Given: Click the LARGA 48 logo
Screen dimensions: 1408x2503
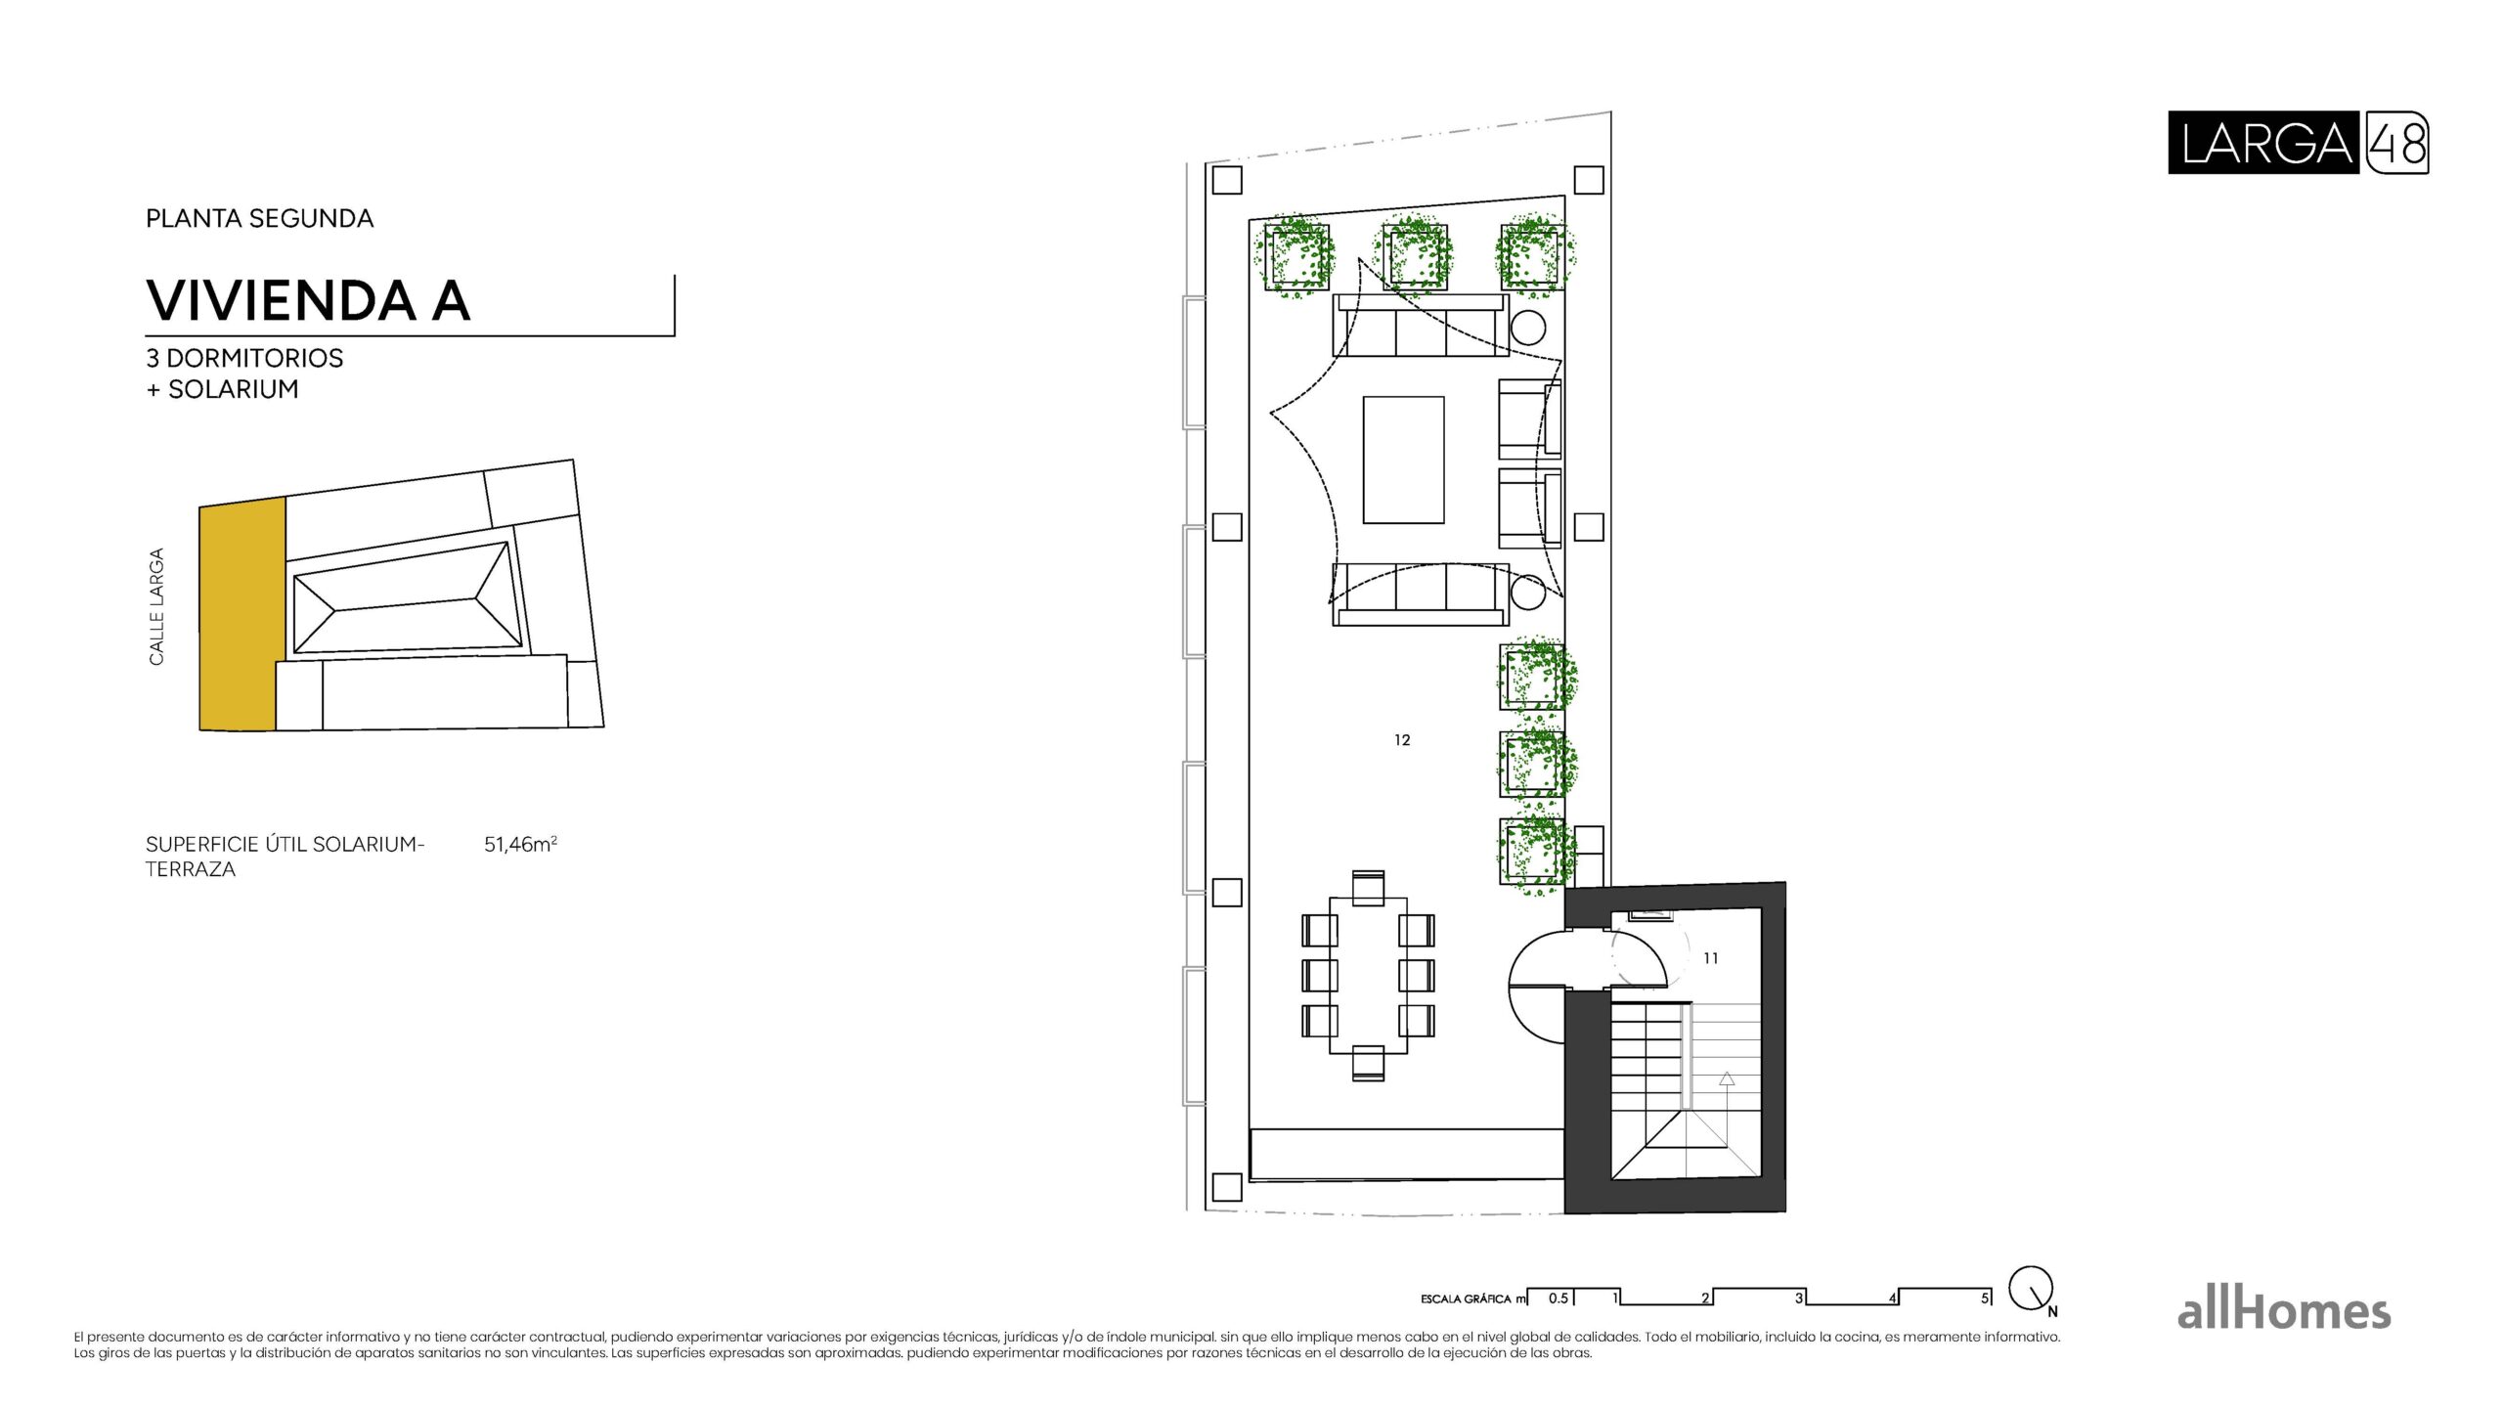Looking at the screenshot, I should tap(2297, 143).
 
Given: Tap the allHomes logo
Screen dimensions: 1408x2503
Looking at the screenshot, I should tap(2283, 1311).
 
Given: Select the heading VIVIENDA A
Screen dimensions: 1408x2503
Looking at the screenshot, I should tap(308, 300).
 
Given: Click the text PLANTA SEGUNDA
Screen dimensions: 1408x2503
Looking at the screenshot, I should tap(259, 218).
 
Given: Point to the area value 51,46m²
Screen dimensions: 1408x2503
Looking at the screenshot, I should tap(520, 844).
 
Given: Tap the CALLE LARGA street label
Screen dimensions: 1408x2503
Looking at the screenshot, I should tap(156, 606).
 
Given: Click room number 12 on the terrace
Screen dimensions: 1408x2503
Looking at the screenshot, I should tap(1402, 740).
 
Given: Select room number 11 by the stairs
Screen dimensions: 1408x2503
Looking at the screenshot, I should tap(1710, 958).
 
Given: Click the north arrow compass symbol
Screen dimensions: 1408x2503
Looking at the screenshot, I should tap(2032, 1290).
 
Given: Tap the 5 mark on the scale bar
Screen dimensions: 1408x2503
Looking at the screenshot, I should tap(1984, 1298).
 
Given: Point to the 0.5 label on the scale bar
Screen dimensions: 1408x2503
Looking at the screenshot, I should tap(1558, 1298).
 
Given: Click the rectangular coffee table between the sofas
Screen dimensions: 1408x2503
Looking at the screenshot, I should tap(1403, 460).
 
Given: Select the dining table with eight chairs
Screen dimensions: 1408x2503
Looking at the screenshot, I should tap(1368, 975).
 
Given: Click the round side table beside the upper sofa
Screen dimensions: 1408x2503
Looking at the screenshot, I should tap(1527, 328).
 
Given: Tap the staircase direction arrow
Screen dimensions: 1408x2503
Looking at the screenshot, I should tap(1727, 1079).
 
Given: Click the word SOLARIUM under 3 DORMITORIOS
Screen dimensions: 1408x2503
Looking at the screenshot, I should tap(233, 389).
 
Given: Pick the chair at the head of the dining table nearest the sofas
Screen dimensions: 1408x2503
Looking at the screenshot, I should tap(1368, 887).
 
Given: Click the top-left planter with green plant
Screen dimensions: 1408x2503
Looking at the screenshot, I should tap(1296, 255).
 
